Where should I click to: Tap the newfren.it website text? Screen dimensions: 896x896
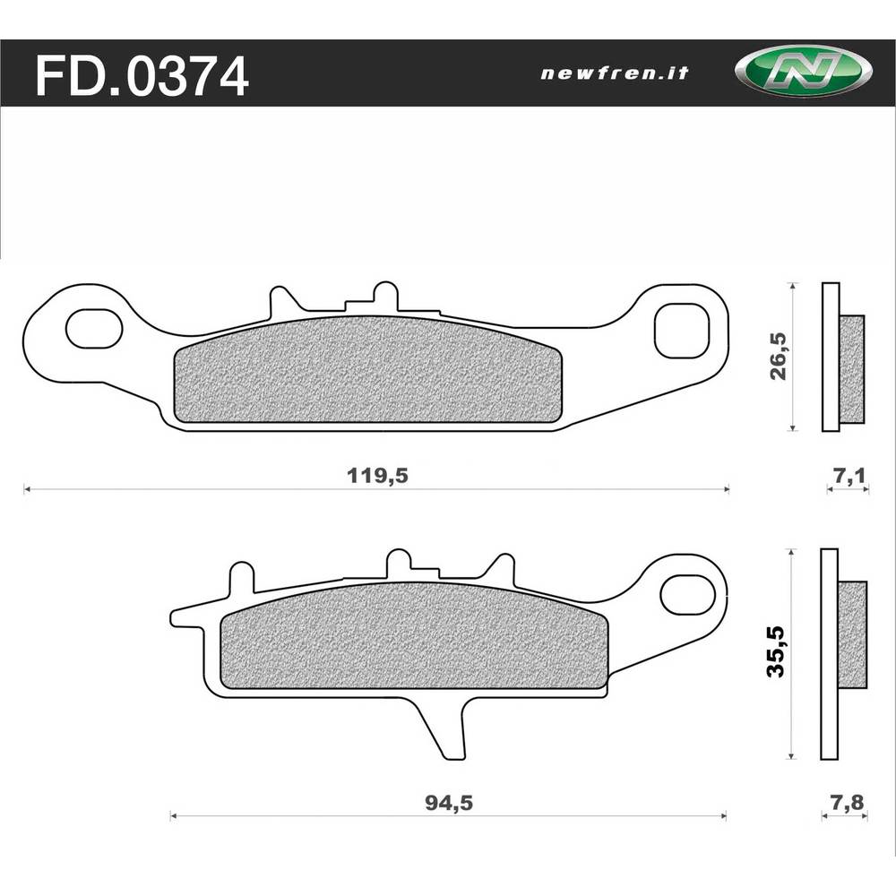615,73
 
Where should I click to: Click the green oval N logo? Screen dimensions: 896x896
801,73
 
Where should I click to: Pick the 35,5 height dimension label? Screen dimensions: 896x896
776,652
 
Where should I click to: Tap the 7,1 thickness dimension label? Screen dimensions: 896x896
847,477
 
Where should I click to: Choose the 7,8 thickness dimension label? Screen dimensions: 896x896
847,803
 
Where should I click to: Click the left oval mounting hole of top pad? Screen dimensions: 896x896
94,329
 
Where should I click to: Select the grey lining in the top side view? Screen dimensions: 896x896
852,369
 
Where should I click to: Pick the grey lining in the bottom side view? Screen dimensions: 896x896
852,634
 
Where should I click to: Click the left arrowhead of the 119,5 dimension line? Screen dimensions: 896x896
27,489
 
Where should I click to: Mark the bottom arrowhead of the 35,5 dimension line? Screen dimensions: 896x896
791,755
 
